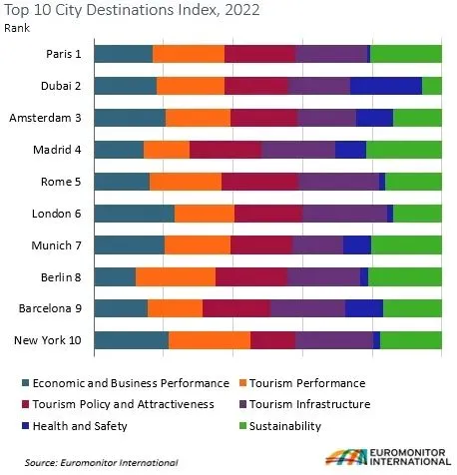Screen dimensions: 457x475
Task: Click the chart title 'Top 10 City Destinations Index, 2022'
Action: [x=132, y=10]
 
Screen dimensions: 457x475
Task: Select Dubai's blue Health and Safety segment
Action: [x=386, y=86]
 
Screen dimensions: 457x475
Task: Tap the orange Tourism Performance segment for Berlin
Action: [x=176, y=277]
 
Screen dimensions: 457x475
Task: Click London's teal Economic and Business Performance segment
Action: [x=135, y=214]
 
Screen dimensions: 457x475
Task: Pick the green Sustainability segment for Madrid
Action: [x=404, y=150]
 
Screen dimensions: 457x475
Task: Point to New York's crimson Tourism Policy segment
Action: [x=273, y=340]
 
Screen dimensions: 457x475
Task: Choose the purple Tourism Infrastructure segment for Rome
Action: [x=338, y=182]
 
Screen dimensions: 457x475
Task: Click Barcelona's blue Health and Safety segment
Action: [x=364, y=308]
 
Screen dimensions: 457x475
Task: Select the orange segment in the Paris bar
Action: [x=189, y=54]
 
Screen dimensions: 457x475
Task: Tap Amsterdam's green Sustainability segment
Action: [x=417, y=118]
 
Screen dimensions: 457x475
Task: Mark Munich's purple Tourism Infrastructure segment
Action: [x=318, y=245]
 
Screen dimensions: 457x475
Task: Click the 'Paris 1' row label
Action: [x=64, y=54]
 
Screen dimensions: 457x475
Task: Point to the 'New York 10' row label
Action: [x=48, y=340]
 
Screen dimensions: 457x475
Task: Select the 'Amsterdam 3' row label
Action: [x=45, y=118]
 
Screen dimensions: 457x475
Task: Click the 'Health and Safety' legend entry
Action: [x=75, y=426]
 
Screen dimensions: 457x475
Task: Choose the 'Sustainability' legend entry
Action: [x=280, y=426]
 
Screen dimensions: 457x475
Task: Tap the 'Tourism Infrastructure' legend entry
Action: [x=305, y=404]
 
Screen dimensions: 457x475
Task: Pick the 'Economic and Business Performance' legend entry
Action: [x=126, y=383]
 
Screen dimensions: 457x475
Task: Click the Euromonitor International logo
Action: [x=388, y=457]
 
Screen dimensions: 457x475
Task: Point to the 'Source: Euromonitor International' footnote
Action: [x=102, y=463]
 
